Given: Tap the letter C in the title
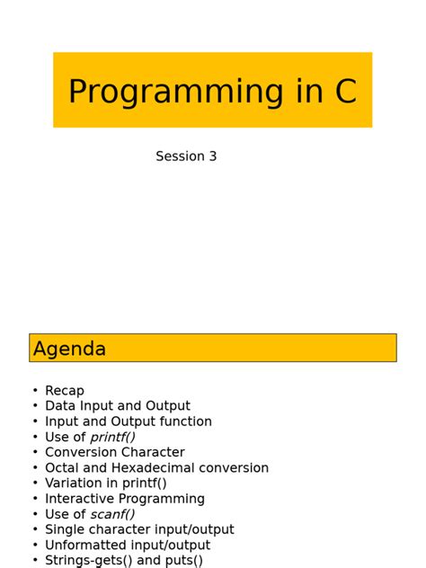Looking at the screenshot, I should (345, 92).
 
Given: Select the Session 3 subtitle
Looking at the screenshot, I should (186, 156).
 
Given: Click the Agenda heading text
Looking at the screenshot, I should (69, 349).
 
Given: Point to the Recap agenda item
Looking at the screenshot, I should (65, 391).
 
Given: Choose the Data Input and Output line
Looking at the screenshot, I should (118, 406).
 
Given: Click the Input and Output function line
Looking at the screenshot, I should (129, 422).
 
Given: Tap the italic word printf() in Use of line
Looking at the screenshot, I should (112, 437).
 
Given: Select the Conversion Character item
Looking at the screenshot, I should (115, 452).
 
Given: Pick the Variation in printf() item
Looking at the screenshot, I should (106, 484).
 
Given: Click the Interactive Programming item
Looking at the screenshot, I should (125, 499).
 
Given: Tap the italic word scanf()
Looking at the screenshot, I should (112, 514).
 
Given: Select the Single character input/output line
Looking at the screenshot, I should (139, 529).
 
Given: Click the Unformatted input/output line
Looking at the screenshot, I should (128, 545).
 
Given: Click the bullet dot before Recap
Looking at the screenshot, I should (35, 391).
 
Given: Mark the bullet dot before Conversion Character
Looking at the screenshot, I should (35, 452).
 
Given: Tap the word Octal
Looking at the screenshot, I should (63, 468).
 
